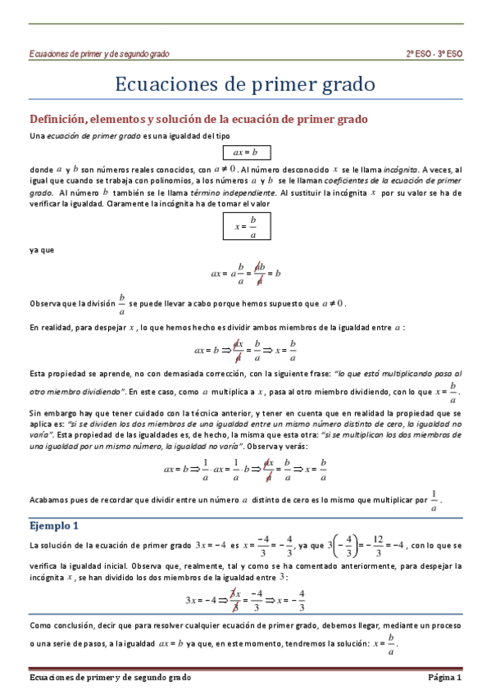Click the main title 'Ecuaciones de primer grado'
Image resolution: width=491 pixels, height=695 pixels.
pyautogui.click(x=245, y=84)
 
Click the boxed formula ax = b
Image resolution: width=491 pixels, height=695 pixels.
pyautogui.click(x=245, y=152)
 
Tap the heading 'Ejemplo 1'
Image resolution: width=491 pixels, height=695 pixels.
pyautogui.click(x=53, y=525)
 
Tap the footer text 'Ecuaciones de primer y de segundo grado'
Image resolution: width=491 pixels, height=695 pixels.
pyautogui.click(x=110, y=678)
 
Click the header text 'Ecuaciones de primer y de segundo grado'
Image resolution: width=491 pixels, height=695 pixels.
pyautogui.click(x=99, y=53)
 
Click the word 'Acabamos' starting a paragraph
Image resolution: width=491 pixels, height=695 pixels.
pyautogui.click(x=51, y=499)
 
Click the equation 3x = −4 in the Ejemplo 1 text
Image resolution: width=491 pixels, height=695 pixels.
pyautogui.click(x=211, y=545)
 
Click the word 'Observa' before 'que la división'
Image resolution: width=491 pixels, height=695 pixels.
pyautogui.click(x=47, y=302)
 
